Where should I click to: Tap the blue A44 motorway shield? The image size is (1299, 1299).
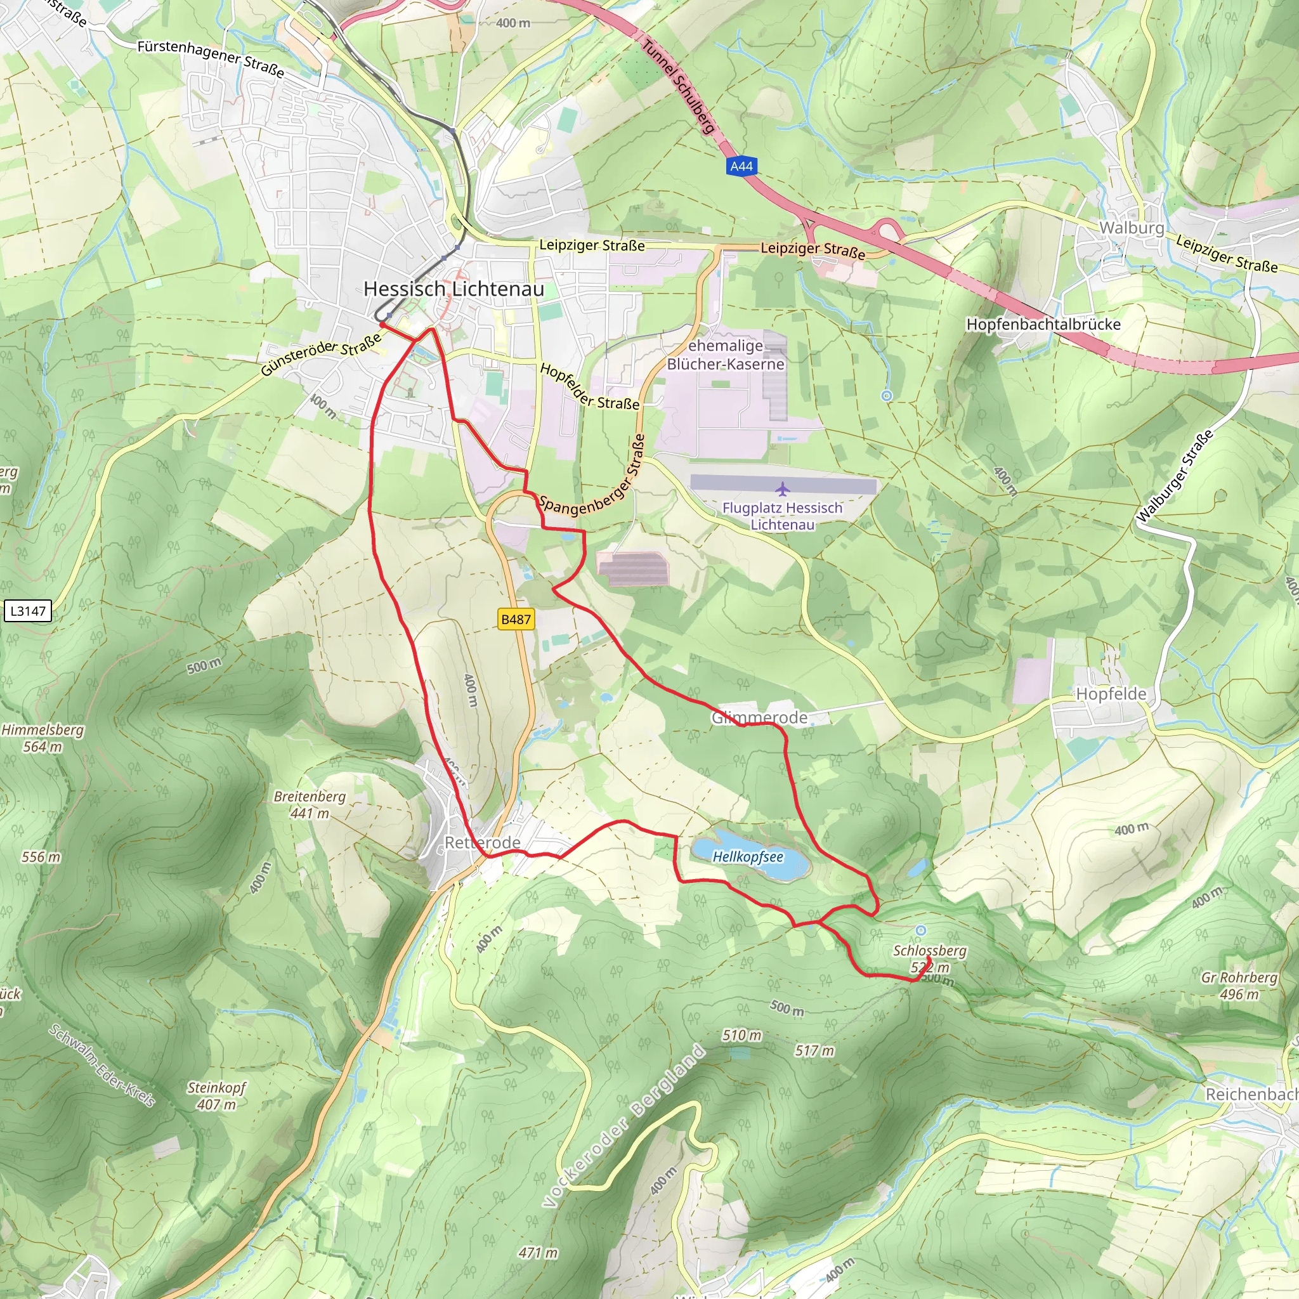click(x=741, y=166)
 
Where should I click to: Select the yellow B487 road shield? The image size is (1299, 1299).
click(x=516, y=619)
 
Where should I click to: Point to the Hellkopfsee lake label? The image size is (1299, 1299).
click(x=748, y=856)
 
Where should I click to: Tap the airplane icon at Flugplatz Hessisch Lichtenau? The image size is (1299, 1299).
click(x=782, y=488)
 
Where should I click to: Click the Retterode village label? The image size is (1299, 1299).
click(x=482, y=842)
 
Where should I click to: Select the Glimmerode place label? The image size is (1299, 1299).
click(x=759, y=717)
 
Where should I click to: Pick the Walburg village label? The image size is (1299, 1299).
click(x=1132, y=228)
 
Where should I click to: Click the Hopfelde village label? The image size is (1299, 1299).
click(x=1111, y=693)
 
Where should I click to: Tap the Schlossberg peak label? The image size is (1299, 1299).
click(x=930, y=951)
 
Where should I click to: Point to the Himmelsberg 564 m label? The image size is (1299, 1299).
click(x=42, y=738)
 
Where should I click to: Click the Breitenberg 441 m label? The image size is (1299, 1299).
click(x=310, y=804)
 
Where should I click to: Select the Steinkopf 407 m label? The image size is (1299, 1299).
click(x=216, y=1095)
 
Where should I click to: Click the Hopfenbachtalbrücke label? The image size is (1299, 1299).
click(x=1043, y=324)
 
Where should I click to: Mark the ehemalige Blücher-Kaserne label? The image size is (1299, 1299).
click(x=726, y=355)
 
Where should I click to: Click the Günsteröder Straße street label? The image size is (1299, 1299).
click(x=321, y=357)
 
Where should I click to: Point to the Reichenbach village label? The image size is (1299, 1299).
click(x=1251, y=1094)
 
